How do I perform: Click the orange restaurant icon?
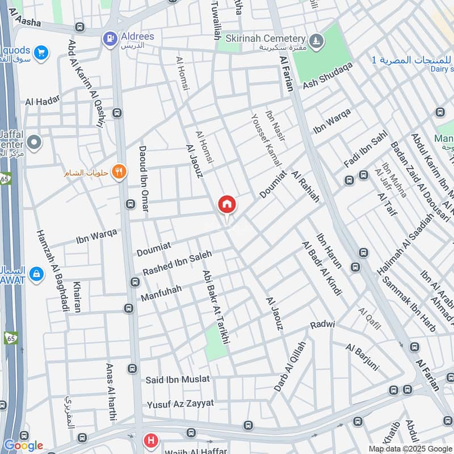pos(119,171)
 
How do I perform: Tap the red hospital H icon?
pos(150,440)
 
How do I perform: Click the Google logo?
pos(23,445)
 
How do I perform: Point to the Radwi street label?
pos(322,325)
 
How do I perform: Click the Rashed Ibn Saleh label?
pos(176,264)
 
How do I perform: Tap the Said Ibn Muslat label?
pos(178,379)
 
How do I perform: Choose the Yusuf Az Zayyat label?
pos(180,403)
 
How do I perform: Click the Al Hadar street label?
pos(43,102)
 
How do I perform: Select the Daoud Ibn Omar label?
pos(143,179)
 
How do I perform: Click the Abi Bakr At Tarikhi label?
pos(216,306)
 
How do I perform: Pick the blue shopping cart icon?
pos(40,53)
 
